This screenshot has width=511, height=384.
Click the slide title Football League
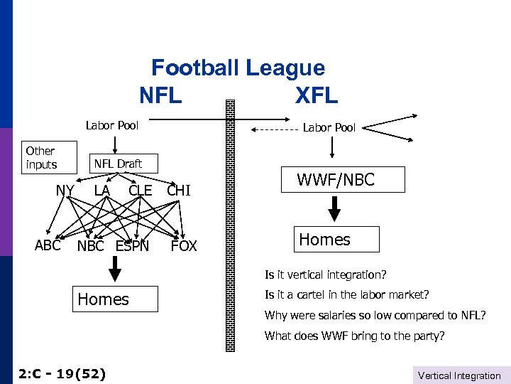pos(238,68)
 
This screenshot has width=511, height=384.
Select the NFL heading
pos(160,95)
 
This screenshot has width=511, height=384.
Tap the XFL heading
pos(317,95)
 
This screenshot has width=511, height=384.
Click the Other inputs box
pos(41,157)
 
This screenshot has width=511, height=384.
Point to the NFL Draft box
pos(118,164)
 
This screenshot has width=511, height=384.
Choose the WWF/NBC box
pos(335,180)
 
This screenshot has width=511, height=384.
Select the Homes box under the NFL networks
pos(104,299)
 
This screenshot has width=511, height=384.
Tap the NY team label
pos(65,190)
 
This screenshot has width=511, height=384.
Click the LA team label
pos(101,190)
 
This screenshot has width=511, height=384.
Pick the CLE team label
pos(140,191)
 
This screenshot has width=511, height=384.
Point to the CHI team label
pos(179,191)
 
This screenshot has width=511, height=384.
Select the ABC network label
pos(48,245)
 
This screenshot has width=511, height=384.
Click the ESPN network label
pos(132,247)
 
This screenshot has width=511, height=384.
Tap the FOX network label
pos(184,247)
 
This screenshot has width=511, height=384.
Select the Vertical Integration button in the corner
pos(459,375)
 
